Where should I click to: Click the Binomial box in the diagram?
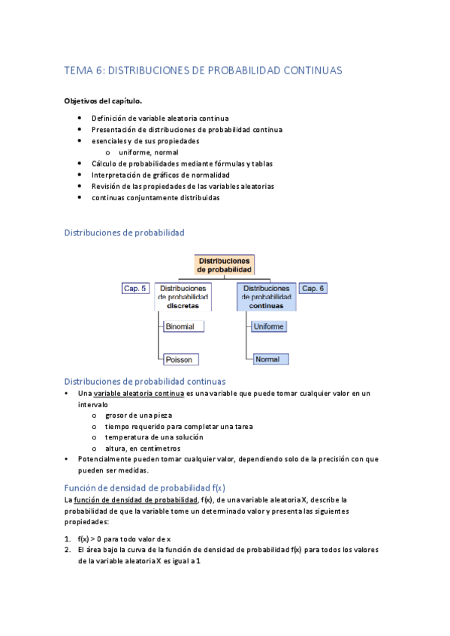coord(183,327)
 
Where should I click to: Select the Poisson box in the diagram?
coord(181,359)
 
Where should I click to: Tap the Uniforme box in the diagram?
coord(269,327)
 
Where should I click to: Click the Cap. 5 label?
coord(135,288)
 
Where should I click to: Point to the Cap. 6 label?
coord(313,288)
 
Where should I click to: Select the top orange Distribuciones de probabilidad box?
coord(225,264)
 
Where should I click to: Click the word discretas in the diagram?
coord(183,306)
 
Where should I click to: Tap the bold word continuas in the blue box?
coord(267,306)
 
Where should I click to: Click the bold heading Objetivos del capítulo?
coord(103,100)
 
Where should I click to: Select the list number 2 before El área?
coord(68,550)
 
